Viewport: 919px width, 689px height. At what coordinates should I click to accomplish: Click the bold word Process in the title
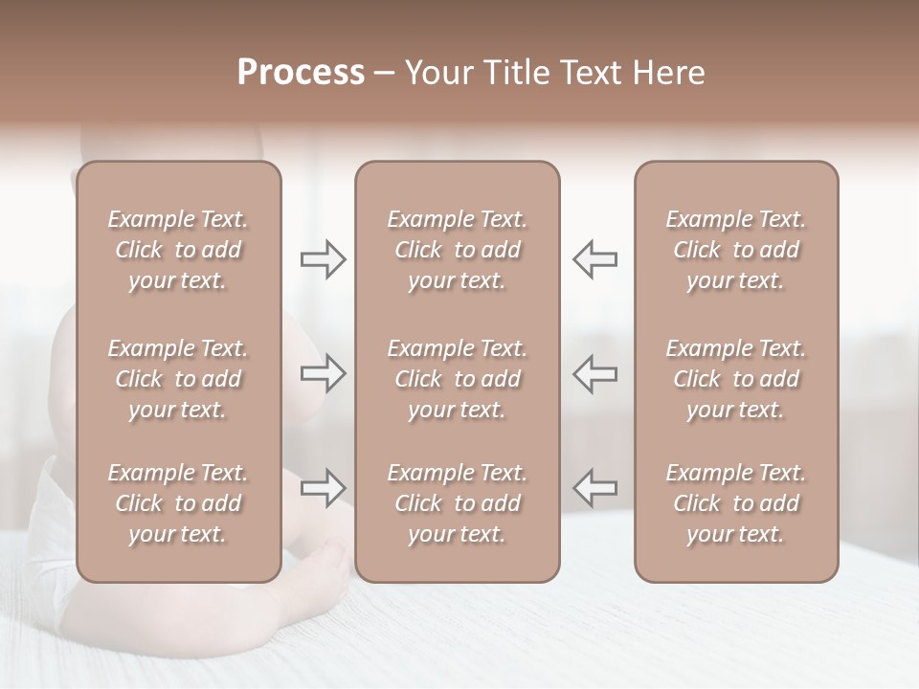301,73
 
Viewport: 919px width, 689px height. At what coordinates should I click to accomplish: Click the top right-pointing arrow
323,258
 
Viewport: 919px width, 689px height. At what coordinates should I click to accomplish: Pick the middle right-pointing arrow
323,373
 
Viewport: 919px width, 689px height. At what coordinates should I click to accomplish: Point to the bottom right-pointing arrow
323,488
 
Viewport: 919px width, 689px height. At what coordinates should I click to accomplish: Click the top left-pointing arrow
595,258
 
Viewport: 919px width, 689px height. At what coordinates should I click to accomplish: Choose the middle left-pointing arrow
595,373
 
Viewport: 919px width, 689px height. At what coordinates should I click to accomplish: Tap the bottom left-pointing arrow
595,488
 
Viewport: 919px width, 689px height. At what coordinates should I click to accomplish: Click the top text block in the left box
178,250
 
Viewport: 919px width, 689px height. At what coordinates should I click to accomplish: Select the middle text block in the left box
178,379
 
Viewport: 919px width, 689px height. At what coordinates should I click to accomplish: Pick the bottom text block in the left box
178,503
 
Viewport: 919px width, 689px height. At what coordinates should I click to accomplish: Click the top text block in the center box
457,250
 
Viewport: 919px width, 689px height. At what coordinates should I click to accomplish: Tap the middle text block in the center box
457,379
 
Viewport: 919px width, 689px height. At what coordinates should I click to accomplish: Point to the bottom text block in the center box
457,503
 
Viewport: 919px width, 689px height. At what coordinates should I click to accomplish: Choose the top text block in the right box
735,250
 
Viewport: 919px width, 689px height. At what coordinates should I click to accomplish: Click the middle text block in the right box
735,379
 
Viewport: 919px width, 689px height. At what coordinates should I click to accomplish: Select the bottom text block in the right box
735,503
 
